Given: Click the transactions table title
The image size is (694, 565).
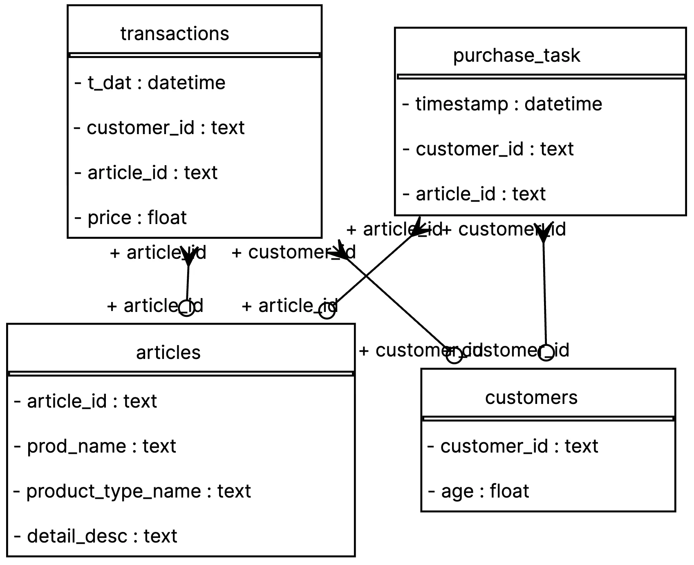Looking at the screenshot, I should tap(175, 34).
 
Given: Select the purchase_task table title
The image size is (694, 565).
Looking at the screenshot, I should tap(516, 55).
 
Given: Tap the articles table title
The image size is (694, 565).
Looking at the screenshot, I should tap(168, 352).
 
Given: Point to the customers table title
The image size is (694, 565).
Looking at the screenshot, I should tap(531, 397).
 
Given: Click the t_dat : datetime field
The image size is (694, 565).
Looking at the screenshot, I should tap(150, 83).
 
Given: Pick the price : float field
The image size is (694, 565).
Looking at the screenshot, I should tap(131, 217).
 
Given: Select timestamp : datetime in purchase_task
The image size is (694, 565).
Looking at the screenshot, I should tap(502, 104).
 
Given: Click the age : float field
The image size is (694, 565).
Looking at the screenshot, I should tap(479, 491).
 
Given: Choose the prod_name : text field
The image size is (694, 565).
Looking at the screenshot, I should tap(95, 446).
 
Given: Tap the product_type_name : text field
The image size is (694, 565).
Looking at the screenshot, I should tap(132, 491).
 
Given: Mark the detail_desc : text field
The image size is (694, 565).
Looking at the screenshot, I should tap(96, 536).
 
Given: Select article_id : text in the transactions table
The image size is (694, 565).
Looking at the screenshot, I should tap(146, 173).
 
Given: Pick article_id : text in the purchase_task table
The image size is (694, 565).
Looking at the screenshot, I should tap(475, 194).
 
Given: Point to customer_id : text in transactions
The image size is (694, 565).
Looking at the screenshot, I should tap(160, 128).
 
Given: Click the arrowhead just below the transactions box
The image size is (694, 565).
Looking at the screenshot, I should tap(188, 256).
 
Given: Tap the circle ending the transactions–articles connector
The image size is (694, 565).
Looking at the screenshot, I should tap(187, 308).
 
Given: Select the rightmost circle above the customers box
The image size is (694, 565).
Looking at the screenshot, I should tap(546, 352).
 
